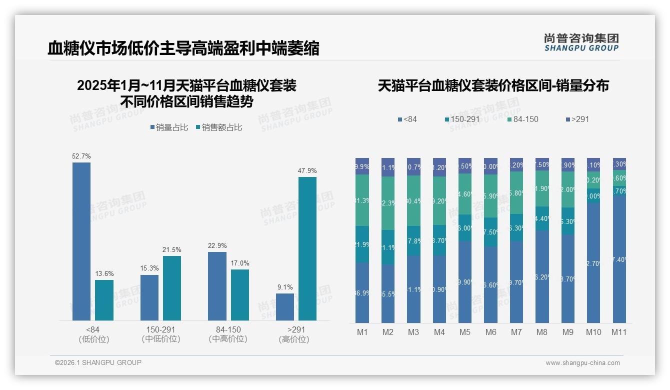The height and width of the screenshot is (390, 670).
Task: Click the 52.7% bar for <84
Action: (x=81, y=241)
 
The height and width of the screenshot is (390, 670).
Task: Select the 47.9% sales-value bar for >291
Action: (x=307, y=248)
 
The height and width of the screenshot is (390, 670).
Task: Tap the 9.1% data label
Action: (x=285, y=287)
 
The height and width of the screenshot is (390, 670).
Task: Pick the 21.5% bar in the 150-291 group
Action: (x=172, y=288)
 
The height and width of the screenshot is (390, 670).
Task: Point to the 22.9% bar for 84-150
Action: (x=217, y=286)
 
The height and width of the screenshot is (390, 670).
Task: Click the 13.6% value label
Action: (x=104, y=273)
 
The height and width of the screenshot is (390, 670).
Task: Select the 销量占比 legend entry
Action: (x=169, y=127)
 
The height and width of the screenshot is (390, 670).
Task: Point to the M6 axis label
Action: (x=490, y=332)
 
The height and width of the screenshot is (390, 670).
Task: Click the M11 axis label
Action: (x=619, y=332)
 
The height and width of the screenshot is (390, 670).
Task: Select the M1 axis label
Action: (x=362, y=332)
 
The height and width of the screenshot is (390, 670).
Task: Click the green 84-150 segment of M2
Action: (x=388, y=203)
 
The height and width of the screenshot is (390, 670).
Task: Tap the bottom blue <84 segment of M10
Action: (x=593, y=262)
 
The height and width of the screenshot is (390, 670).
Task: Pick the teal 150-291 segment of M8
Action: (x=542, y=218)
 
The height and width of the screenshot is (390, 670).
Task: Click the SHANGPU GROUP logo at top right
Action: (x=581, y=42)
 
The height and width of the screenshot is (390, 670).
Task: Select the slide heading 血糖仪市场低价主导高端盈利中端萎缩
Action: (x=183, y=48)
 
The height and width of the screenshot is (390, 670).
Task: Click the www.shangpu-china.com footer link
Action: (x=582, y=363)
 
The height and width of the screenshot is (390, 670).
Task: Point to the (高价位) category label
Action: (x=294, y=339)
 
